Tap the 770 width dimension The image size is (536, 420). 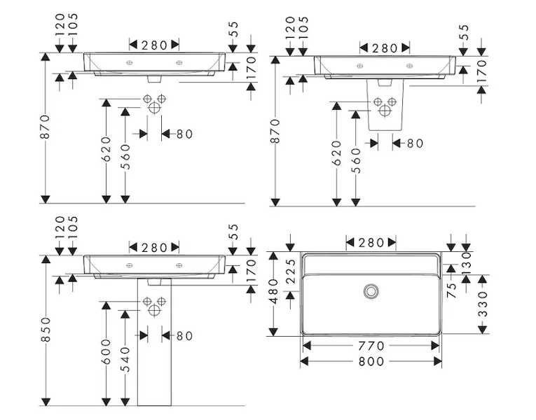[x=371, y=346]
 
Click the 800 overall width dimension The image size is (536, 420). [x=371, y=361]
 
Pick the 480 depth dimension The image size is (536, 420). [x=275, y=292]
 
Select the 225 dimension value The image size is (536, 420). [x=289, y=269]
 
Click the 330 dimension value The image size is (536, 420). [x=483, y=304]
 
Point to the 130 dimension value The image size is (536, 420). [x=466, y=264]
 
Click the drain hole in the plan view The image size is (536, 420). [x=371, y=290]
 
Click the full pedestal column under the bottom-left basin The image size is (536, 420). [x=152, y=350]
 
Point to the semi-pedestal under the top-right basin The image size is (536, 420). [x=385, y=108]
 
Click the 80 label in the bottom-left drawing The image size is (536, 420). [x=184, y=336]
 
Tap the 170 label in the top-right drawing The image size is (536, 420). [x=481, y=72]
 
